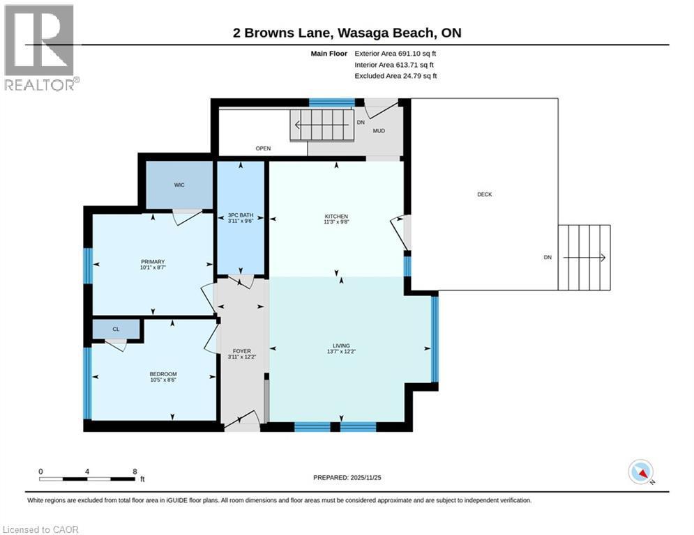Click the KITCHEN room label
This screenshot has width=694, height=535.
point(336,216)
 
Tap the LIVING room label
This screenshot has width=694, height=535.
point(341,346)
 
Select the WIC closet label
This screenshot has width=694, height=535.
point(179,185)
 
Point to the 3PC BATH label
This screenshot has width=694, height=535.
point(241,215)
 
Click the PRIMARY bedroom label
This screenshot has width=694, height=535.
point(153,262)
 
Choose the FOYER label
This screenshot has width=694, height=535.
point(241,351)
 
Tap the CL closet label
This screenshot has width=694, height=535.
point(116,329)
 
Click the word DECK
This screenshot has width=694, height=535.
point(485,194)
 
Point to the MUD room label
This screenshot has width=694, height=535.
point(379,131)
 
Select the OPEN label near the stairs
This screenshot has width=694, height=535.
point(264,148)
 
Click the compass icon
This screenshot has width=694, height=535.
point(641,472)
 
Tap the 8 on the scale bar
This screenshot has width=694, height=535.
point(135,472)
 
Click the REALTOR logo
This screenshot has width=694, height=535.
point(40,48)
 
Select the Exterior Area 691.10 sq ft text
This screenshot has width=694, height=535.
point(395,54)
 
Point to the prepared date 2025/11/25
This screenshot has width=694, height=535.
point(365,477)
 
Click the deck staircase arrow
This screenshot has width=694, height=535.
point(584,258)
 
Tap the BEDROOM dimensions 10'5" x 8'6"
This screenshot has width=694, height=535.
point(163,380)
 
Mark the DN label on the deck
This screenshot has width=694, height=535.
point(548,257)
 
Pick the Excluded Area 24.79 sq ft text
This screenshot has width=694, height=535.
point(395,76)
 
